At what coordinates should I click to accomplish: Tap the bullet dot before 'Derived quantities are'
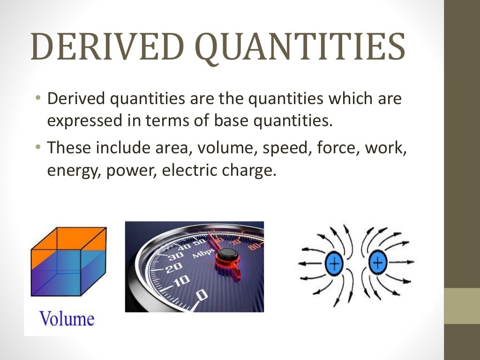38,99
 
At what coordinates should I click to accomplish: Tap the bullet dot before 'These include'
38,148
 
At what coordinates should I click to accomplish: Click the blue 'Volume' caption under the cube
67,319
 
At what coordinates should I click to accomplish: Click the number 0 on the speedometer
201,295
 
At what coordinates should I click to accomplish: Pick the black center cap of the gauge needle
227,255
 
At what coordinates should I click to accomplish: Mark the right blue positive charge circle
378,263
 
